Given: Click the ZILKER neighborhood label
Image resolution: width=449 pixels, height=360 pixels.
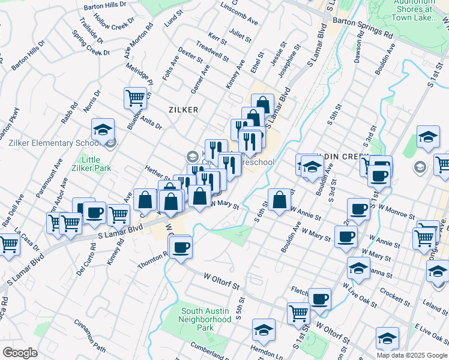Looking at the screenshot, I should point(183,110).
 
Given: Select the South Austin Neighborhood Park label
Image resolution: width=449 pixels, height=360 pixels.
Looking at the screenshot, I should point(206,319).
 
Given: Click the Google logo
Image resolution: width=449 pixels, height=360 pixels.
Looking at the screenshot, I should point(20,353).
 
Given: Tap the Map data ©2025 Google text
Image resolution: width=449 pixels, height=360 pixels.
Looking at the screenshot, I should point(411,355).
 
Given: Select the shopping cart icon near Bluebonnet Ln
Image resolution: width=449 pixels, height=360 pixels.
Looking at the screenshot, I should point(136,98).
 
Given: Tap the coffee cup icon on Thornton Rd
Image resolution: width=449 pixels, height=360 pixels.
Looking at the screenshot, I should point(181,248).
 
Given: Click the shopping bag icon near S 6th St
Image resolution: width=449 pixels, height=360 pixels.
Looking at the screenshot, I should point(280,200).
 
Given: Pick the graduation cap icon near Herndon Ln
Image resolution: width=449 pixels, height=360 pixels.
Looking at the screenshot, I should point(263,331).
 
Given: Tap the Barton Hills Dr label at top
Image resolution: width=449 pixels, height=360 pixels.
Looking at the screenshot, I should point(106,4).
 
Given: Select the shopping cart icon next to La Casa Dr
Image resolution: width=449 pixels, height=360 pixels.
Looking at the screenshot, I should point(8,245).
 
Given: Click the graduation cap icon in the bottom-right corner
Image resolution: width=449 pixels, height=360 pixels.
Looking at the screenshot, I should point(387,338).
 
